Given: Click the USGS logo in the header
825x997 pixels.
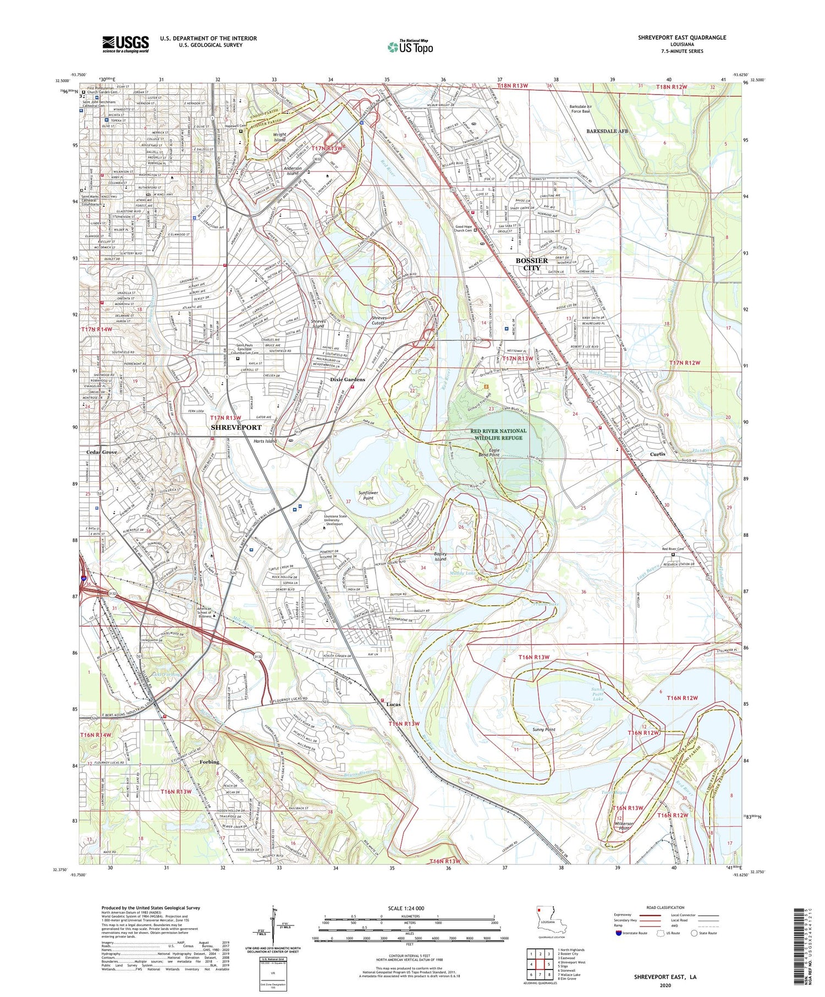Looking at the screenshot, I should pos(125,44).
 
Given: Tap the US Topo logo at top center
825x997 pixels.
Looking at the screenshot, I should pos(410,47).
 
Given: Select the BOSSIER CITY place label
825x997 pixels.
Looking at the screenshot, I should pos(531,264).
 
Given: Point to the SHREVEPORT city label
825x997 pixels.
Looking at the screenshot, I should pos(236,427).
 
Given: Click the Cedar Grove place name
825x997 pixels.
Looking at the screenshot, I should pos(102,452).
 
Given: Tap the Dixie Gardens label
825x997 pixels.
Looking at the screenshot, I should pos(347,379).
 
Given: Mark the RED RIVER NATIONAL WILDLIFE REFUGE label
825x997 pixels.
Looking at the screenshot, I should pos(498,434).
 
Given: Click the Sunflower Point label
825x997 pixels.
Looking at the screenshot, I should pos(369,495).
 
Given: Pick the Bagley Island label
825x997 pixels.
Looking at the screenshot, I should pos(440,557).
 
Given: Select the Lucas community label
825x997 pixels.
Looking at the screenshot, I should pos(393,704).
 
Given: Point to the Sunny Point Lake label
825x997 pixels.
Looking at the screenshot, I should pos(598,694).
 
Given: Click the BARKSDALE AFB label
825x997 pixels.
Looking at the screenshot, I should pos(607,131).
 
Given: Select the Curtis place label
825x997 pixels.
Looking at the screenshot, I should pos(657,454).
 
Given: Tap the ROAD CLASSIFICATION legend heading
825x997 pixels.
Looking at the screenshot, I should pos(665,907).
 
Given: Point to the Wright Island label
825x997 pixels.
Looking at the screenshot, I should pos(279,137).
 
